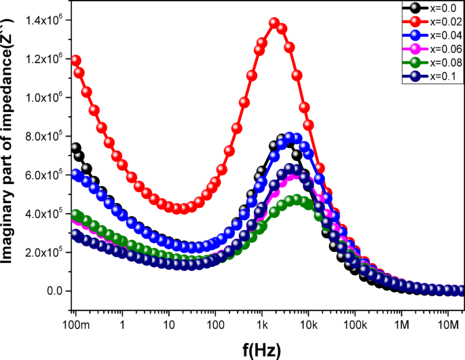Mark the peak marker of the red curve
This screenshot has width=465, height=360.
274,23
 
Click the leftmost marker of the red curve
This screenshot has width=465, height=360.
76,60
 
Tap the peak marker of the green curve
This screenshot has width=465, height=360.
297,200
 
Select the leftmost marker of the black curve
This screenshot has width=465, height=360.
76,147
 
